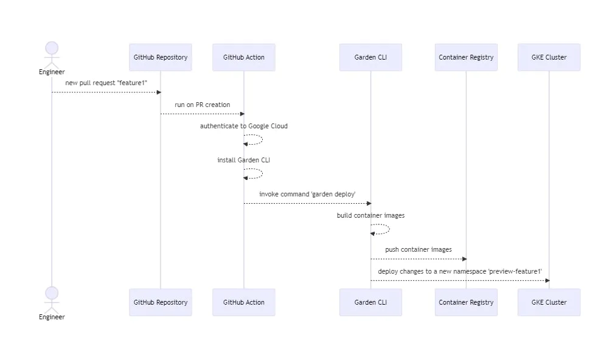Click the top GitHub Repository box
click(x=161, y=57)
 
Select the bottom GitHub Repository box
click(x=161, y=302)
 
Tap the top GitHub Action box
click(x=243, y=57)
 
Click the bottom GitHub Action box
click(x=243, y=302)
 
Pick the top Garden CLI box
click(x=370, y=57)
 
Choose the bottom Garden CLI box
click(x=370, y=302)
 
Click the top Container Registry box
click(x=466, y=57)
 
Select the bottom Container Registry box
click(x=466, y=302)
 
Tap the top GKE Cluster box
click(x=549, y=57)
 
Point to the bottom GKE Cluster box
click(x=549, y=302)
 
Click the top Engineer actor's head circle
click(x=52, y=49)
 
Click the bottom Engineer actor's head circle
click(x=52, y=293)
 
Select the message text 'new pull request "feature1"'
click(x=106, y=82)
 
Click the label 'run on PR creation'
click(x=203, y=105)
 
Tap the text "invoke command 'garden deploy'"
click(x=307, y=194)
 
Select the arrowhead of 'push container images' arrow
click(x=464, y=259)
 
